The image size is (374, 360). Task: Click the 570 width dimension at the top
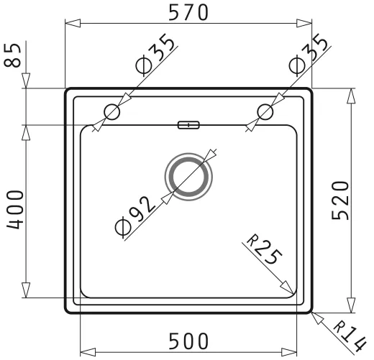click(188, 12)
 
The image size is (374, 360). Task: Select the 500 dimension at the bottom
click(189, 341)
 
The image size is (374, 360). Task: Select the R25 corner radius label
click(259, 252)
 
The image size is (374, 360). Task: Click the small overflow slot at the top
click(188, 125)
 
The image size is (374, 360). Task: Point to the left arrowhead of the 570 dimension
click(70, 24)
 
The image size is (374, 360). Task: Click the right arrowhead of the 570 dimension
click(307, 24)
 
